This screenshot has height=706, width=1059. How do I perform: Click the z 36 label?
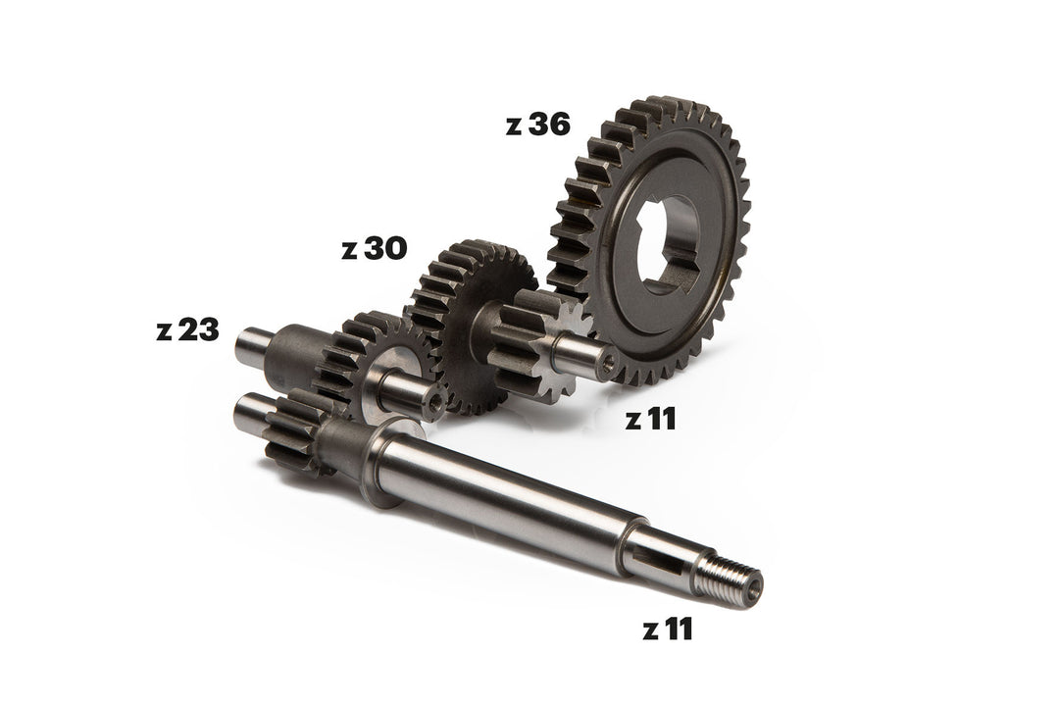click(537, 125)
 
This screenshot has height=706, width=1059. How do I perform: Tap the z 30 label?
click(375, 249)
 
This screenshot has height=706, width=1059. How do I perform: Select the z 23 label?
click(187, 329)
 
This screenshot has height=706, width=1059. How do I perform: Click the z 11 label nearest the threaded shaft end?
click(668, 630)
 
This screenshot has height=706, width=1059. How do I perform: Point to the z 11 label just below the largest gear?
click(650, 419)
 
